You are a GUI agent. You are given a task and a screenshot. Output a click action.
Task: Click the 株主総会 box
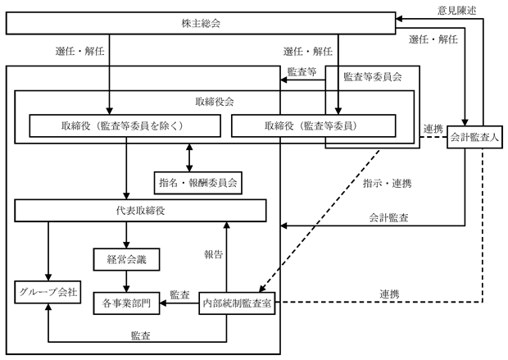pos(201,23)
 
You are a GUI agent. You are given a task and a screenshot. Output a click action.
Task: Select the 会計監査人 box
pos(474,137)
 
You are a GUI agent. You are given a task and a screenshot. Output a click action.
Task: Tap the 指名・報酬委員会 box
pos(198,183)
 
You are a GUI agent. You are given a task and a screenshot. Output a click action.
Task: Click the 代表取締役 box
pos(141,211)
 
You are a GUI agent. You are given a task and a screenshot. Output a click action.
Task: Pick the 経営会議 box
pos(126,259)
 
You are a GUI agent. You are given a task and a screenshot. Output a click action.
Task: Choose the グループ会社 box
pos(48,292)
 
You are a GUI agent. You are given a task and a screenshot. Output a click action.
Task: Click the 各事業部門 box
pos(126,303)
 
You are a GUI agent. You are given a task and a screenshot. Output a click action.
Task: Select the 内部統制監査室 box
pos(237,303)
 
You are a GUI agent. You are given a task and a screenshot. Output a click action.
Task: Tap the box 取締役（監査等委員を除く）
pos(125,125)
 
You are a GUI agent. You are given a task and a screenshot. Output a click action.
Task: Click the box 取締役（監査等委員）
pos(314,125)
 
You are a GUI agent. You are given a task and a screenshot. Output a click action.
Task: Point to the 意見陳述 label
pos(457,11)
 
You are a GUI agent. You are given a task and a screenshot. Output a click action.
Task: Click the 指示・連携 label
pos(388,184)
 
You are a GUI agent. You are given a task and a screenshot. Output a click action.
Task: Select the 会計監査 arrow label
pos(388,217)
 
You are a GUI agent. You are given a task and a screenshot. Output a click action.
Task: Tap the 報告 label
pos(214,254)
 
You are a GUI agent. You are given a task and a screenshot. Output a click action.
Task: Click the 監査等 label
pos(302,71)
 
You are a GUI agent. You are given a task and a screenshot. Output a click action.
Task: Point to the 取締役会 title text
pos(215,102)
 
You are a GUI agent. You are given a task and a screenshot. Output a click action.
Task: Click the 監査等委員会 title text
pos(373,77)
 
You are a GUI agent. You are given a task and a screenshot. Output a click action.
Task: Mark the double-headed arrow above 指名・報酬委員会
pos(189,157)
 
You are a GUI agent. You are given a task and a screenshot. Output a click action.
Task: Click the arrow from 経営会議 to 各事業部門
pos(126,281)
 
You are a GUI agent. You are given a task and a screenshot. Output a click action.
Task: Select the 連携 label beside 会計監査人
pos(433,129)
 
